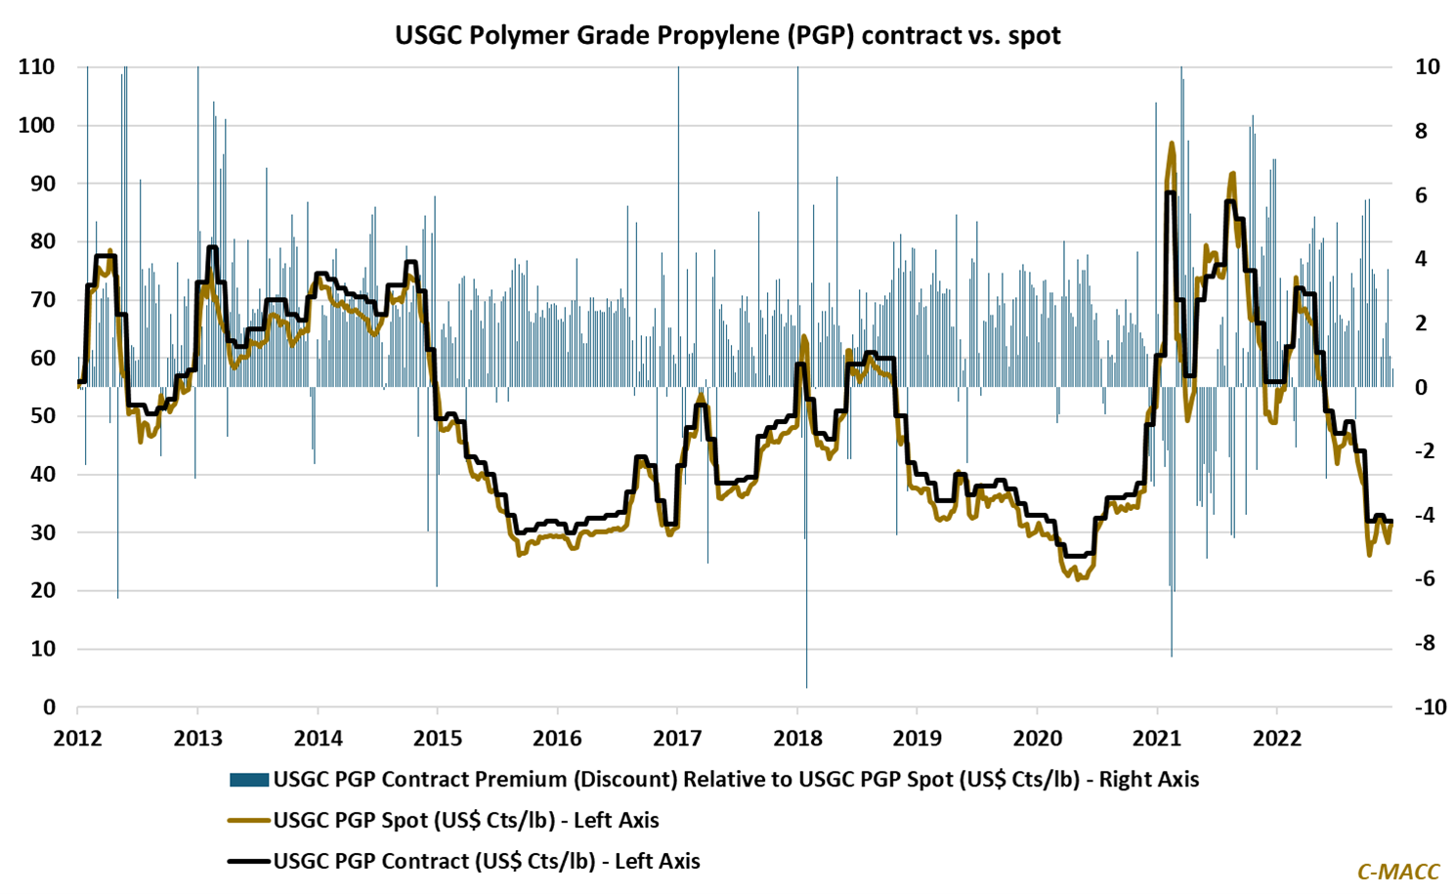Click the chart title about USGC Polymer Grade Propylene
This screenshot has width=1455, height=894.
tap(727, 35)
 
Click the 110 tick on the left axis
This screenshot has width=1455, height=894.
tap(36, 67)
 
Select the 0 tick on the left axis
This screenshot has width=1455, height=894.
tap(48, 707)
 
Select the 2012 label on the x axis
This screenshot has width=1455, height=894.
tap(77, 738)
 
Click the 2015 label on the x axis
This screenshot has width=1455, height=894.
tap(437, 738)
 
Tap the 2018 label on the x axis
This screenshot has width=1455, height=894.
tap(797, 738)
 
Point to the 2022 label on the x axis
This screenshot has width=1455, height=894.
tap(1277, 738)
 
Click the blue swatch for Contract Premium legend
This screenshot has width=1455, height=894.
tap(248, 780)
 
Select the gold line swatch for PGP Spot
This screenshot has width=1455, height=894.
tap(248, 821)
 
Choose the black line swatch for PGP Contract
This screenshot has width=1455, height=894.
tap(248, 862)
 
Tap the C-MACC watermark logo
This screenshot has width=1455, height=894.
tap(1397, 872)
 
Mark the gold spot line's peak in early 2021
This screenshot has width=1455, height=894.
tap(1172, 144)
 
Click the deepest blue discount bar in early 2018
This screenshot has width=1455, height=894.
tap(807, 684)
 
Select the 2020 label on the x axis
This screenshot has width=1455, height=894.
tap(1037, 738)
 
